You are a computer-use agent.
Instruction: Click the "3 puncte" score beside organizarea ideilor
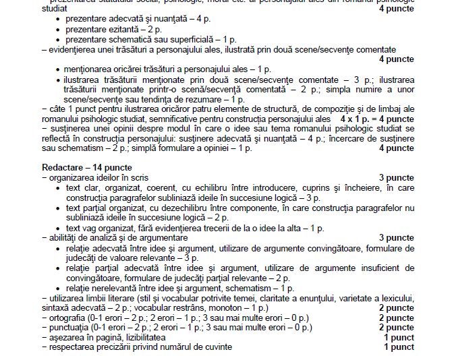coord(396,177)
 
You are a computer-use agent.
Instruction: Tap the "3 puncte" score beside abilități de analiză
coord(396,237)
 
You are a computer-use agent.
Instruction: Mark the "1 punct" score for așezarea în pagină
coord(399,337)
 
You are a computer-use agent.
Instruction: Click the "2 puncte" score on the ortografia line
coord(396,318)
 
